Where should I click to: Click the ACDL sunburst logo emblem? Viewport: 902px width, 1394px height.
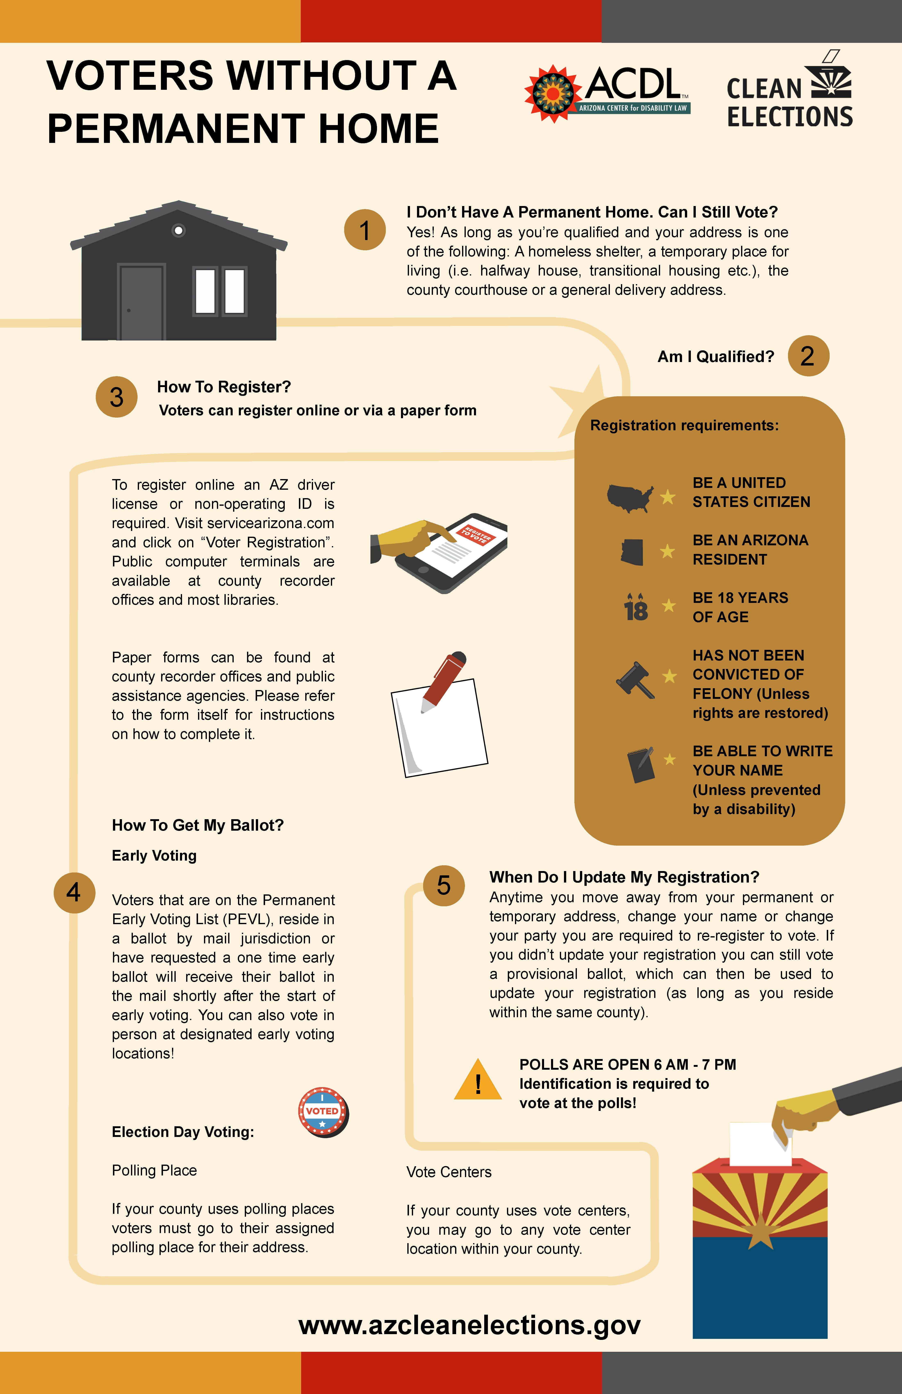pos(552,94)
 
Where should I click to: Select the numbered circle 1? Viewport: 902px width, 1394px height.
pos(364,230)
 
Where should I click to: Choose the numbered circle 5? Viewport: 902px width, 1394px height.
pos(444,886)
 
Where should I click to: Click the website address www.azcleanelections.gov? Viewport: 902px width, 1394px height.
pos(470,1325)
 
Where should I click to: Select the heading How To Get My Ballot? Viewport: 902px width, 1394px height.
pos(198,825)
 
